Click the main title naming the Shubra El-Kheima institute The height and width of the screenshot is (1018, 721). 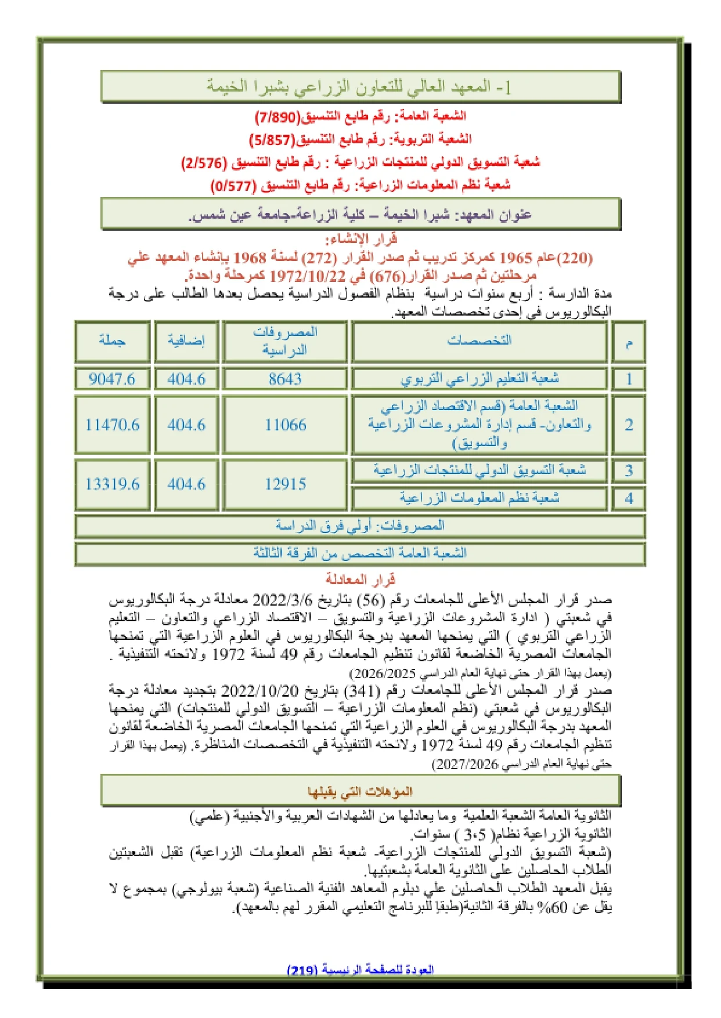pos(360,87)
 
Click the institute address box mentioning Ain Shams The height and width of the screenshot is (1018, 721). pos(360,215)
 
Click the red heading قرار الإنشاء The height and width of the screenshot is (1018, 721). pos(360,238)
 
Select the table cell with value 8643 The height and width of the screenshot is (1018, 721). pos(285,379)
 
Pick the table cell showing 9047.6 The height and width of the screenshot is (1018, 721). pos(112,379)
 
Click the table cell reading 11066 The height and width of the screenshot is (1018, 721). pos(285,425)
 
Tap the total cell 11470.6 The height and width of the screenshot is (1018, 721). pos(112,425)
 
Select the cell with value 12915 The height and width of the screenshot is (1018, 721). pos(285,484)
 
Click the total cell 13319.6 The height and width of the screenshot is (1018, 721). pos(112,484)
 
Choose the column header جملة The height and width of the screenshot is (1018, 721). pos(112,340)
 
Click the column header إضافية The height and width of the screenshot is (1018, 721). pos(186,340)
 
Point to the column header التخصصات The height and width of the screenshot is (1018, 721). pos(479,340)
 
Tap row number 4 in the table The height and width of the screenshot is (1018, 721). pos(629,498)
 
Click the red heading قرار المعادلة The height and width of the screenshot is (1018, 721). pos(360,579)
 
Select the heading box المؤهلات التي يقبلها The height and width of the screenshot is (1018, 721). pos(360,791)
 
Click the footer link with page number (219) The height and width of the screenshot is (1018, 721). pos(360,970)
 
